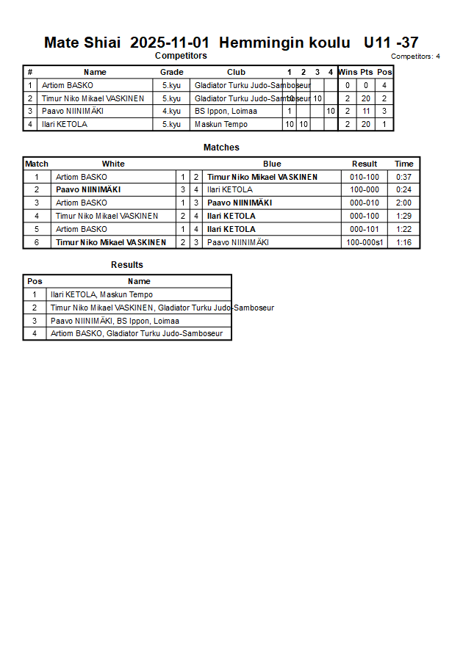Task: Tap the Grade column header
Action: point(171,72)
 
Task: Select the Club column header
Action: point(236,72)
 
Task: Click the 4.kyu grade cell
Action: point(171,112)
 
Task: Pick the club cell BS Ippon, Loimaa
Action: point(226,112)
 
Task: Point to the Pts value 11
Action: point(365,112)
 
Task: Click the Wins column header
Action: point(348,72)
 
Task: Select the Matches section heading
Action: point(221,148)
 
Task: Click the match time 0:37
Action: point(403,177)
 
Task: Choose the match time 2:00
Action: point(403,203)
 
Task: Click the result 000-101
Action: point(365,229)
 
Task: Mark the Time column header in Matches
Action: point(403,164)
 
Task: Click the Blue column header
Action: point(272,164)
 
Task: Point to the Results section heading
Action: point(127,265)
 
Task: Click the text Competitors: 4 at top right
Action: point(415,57)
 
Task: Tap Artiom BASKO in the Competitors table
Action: point(68,85)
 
